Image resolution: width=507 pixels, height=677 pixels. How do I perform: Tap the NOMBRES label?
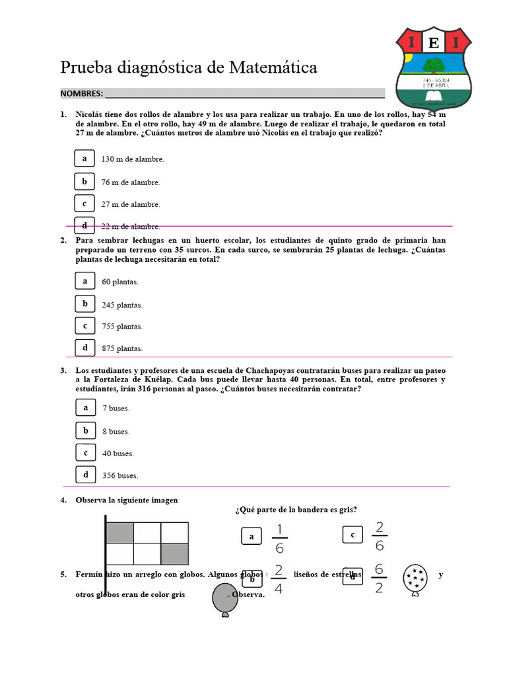(x=81, y=93)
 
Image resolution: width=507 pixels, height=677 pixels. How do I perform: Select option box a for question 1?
(x=84, y=159)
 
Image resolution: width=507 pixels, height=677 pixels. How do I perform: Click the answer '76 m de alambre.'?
(x=131, y=182)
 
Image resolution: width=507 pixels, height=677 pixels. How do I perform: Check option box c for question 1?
(x=84, y=204)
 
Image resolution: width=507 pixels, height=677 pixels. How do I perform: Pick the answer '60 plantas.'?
(x=120, y=282)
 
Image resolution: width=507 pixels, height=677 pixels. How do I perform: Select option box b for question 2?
(x=85, y=304)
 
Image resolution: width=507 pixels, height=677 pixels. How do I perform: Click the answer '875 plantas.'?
(x=122, y=348)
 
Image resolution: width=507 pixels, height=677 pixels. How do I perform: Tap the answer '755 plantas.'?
(x=122, y=327)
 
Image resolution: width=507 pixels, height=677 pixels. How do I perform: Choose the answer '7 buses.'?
(x=116, y=409)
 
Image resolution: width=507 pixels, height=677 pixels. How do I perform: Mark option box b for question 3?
(x=85, y=430)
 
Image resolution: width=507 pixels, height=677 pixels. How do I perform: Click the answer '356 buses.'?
(x=120, y=475)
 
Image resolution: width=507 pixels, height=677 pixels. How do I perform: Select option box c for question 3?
(x=85, y=453)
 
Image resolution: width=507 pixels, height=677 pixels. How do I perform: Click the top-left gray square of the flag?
(x=120, y=533)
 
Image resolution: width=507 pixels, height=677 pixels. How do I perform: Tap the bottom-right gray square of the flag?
(x=174, y=553)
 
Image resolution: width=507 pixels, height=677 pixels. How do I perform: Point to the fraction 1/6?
(x=279, y=538)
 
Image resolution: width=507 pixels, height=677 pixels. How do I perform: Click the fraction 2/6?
(x=379, y=536)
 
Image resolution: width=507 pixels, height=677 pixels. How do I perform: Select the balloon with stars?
(x=415, y=579)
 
